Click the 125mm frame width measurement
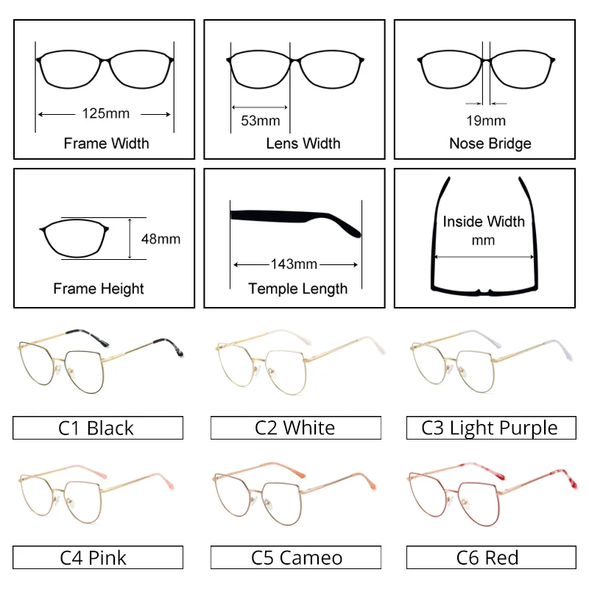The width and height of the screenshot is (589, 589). tap(105, 113)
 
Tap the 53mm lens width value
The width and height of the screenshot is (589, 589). tap(261, 120)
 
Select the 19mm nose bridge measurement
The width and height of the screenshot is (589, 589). tap(486, 120)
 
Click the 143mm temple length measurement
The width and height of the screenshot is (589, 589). tap(294, 264)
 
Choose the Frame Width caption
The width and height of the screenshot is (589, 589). tap(106, 143)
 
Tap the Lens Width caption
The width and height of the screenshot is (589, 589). tap(303, 143)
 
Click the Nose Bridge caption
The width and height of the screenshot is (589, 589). tap(490, 143)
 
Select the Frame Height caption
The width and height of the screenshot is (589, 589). tap(99, 289)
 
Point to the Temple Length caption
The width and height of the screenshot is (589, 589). tap(297, 289)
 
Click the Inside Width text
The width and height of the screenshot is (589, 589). tap(484, 222)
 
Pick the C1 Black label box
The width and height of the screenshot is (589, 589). tap(98, 428)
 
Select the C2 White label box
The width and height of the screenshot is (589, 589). tap(295, 428)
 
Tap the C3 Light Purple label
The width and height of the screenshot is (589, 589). tap(490, 428)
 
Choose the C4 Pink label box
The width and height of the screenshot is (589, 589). tap(98, 557)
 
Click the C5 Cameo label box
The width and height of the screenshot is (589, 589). tap(295, 557)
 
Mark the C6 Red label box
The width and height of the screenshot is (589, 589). tap(490, 557)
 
